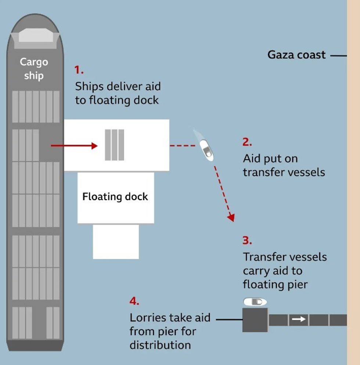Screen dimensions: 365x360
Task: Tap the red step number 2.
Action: pyautogui.click(x=247, y=142)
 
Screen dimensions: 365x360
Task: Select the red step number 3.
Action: pyautogui.click(x=247, y=241)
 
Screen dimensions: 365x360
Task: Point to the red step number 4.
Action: pyautogui.click(x=134, y=301)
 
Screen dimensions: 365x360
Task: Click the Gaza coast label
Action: pyautogui.click(x=296, y=55)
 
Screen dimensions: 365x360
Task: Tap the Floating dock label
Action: pyautogui.click(x=115, y=196)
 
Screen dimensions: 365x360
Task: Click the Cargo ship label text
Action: pyautogui.click(x=34, y=69)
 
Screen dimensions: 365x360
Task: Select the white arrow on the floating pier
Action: pyautogui.click(x=299, y=319)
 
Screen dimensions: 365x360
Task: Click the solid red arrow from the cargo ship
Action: pyautogui.click(x=74, y=146)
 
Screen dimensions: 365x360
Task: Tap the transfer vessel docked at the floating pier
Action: pyautogui.click(x=255, y=302)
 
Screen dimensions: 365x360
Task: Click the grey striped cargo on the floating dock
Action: pyautogui.click(x=114, y=145)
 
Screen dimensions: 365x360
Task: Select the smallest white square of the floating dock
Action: pyautogui.click(x=116, y=242)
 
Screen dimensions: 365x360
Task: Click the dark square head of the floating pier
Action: pyautogui.click(x=255, y=320)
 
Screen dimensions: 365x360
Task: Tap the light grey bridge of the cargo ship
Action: pyautogui.click(x=34, y=36)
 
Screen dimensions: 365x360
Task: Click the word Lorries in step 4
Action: pyautogui.click(x=145, y=318)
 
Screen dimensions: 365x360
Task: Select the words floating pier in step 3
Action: pyautogui.click(x=275, y=285)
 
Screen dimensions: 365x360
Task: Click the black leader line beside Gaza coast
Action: pyautogui.click(x=338, y=56)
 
